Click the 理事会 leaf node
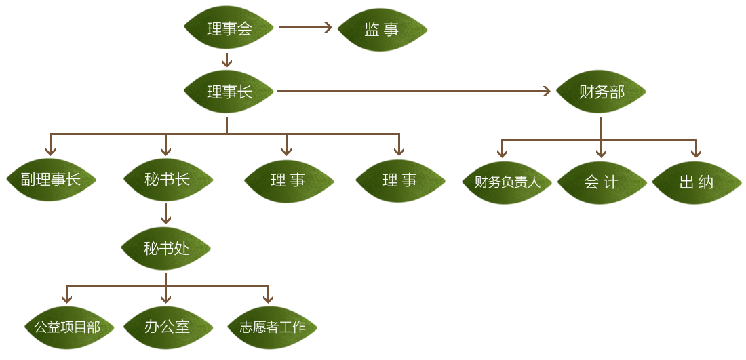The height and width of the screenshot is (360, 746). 229,28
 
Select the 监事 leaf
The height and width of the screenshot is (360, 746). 382,29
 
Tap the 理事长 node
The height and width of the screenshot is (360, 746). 229,91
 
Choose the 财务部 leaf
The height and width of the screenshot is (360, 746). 601,92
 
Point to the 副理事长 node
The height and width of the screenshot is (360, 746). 51,180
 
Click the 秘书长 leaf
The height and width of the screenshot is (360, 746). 168,180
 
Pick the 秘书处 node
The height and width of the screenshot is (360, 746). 166,249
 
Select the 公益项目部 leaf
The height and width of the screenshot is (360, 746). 67,327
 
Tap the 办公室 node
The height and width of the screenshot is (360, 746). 167,327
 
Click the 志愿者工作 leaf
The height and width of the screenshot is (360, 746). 272,327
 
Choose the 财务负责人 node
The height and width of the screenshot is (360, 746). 507,182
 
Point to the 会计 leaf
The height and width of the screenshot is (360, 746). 601,182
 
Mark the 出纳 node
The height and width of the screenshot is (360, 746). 696,182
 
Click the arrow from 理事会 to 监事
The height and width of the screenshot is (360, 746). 305,28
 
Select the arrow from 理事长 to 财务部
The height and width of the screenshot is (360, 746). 414,91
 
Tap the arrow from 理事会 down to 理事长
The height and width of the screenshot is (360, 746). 227,60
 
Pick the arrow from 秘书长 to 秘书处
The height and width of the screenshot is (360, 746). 166,214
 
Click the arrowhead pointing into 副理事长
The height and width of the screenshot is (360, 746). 50,150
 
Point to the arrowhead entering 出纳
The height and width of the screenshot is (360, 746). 695,152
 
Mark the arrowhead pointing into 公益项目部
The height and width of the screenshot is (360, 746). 66,298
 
